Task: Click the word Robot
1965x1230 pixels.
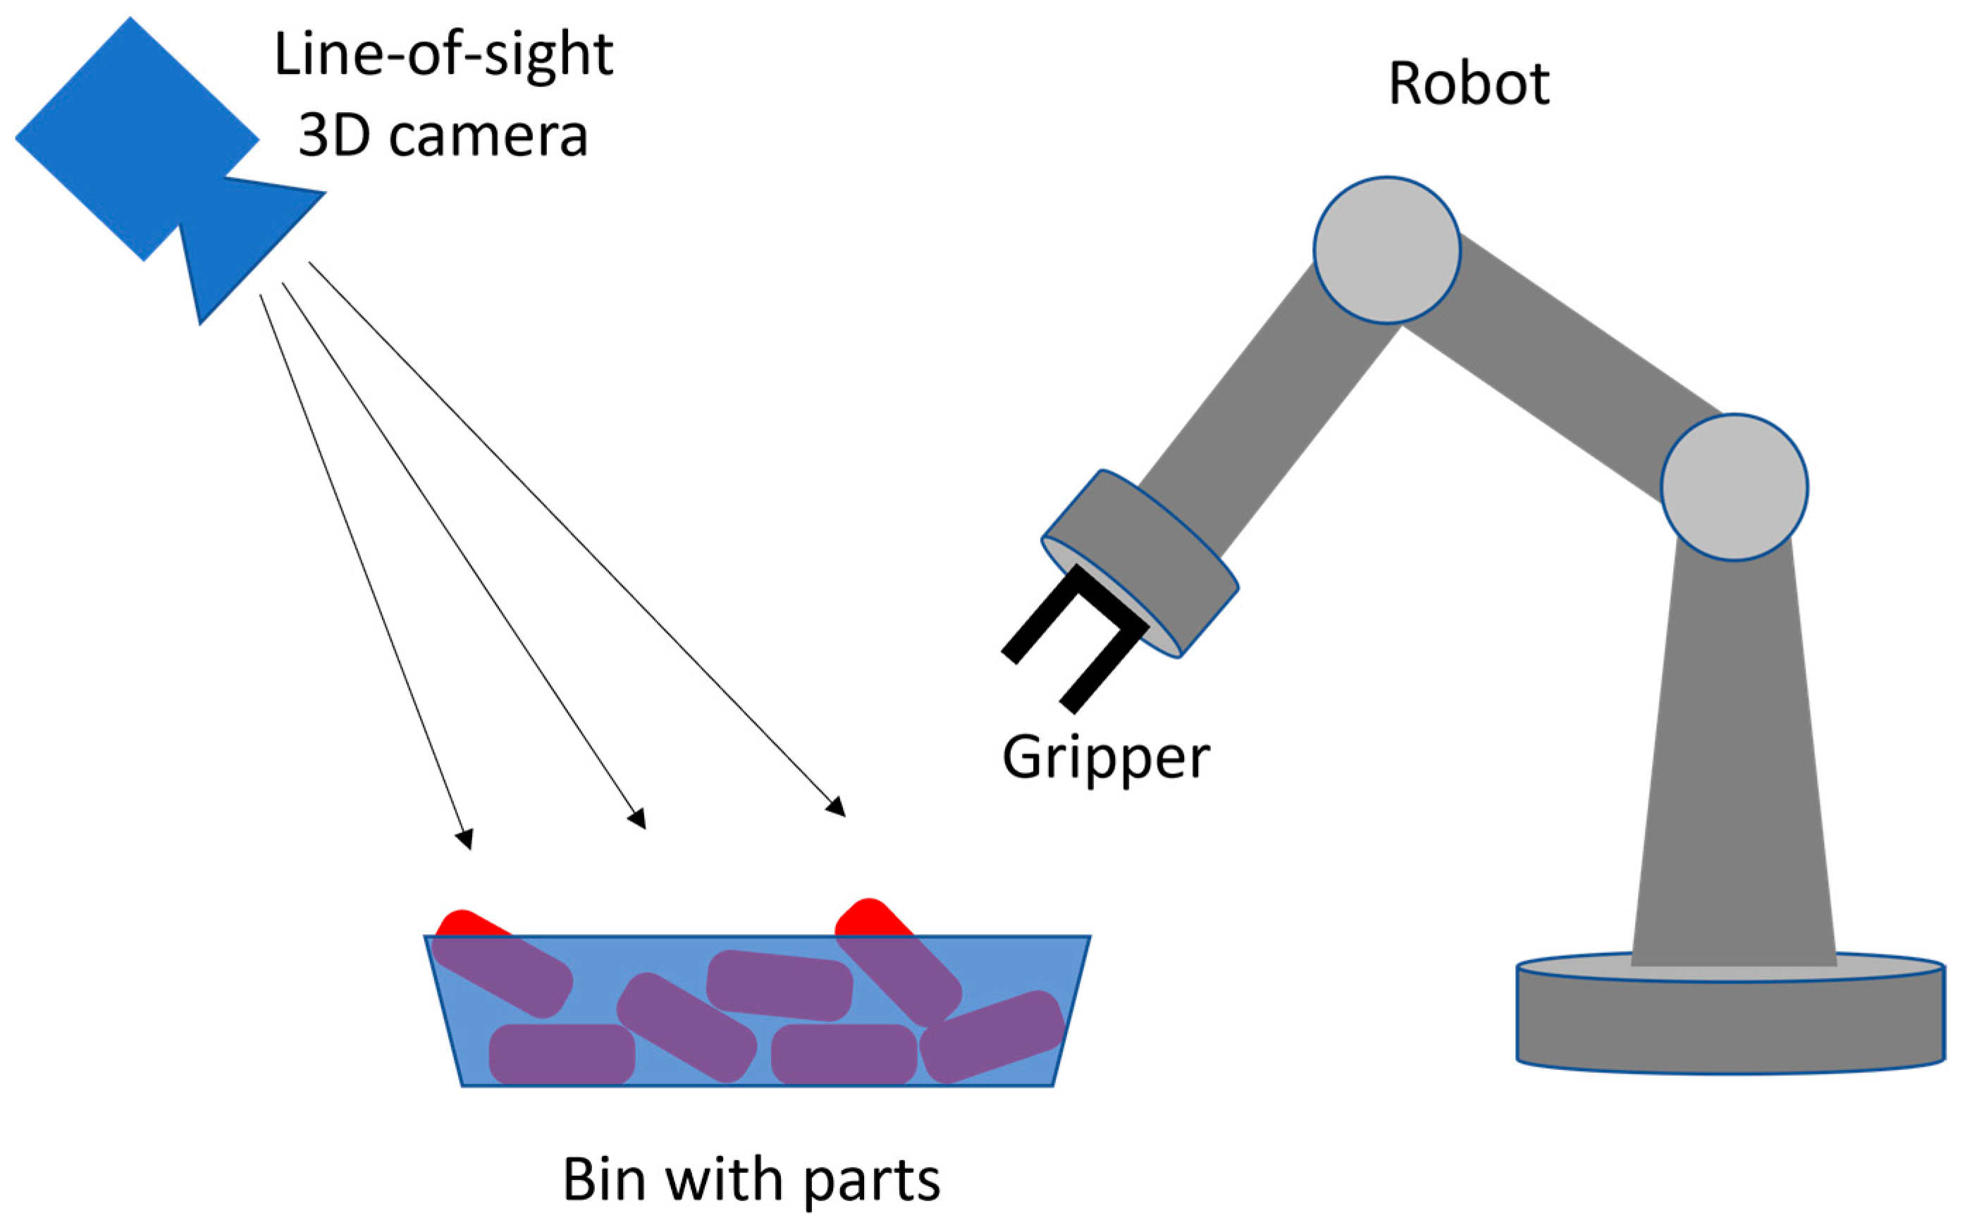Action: [x=1468, y=84]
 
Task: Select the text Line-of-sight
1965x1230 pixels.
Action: [x=443, y=55]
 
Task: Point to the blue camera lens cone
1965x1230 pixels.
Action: [x=244, y=236]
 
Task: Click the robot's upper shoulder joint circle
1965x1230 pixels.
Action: [x=1387, y=250]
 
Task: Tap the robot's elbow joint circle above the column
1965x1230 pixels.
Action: [x=1733, y=487]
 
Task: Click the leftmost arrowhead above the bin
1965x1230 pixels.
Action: [x=464, y=839]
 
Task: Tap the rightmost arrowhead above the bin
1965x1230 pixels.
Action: [x=836, y=806]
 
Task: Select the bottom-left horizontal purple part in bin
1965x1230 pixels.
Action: [x=561, y=1054]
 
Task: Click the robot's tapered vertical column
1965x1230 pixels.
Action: [x=1733, y=773]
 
